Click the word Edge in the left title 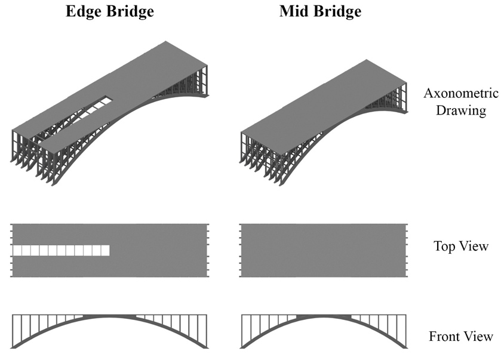pyautogui.click(x=84, y=11)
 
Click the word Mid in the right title pyautogui.click(x=293, y=11)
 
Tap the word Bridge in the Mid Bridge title pyautogui.click(x=337, y=11)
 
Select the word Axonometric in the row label pyautogui.click(x=461, y=93)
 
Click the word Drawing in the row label pyautogui.click(x=461, y=111)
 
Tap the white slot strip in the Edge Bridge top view pyautogui.click(x=61, y=250)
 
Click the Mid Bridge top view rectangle pyautogui.click(x=323, y=250)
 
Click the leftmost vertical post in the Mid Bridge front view pyautogui.click(x=242, y=331)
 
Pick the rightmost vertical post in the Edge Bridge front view pyautogui.click(x=207, y=331)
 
